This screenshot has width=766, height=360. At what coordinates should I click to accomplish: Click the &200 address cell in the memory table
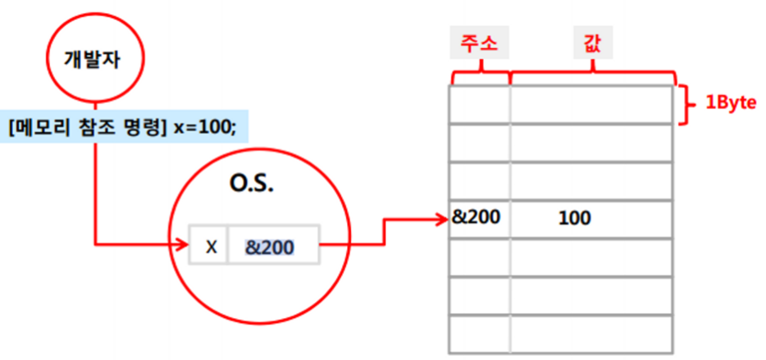476,218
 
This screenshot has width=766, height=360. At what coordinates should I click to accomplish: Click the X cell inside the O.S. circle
211,245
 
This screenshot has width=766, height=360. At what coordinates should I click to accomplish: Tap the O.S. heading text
251,183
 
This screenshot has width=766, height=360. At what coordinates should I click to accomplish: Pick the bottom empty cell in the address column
480,334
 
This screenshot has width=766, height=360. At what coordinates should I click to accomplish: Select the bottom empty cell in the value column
592,334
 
